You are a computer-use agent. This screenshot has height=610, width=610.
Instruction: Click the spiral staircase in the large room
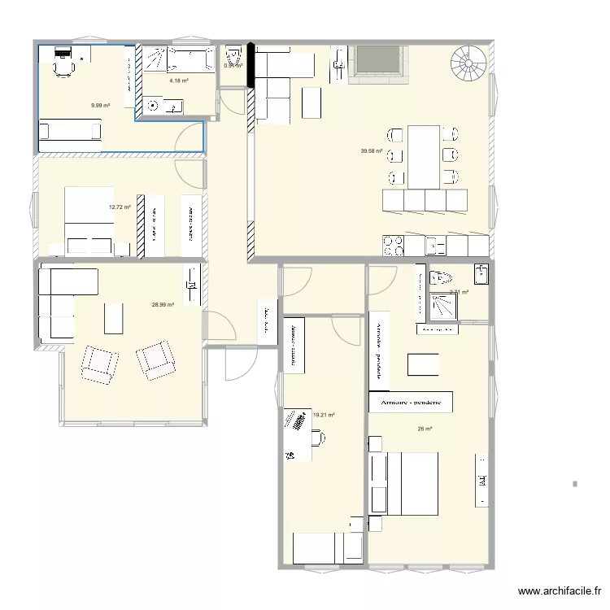click(x=470, y=63)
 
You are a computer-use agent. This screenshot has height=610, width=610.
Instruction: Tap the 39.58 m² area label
click(x=372, y=150)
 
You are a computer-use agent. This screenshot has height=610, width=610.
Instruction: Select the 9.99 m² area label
click(x=101, y=105)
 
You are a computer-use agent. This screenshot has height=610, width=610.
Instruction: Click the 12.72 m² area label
click(x=120, y=207)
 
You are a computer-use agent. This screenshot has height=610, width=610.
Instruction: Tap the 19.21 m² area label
click(x=324, y=415)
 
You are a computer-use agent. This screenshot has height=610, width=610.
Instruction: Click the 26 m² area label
click(x=425, y=429)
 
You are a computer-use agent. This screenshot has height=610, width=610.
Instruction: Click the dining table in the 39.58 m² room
click(x=425, y=156)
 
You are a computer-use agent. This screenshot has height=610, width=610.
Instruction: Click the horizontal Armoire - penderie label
click(x=411, y=402)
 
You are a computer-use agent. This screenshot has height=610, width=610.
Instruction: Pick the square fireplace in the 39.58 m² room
click(x=377, y=63)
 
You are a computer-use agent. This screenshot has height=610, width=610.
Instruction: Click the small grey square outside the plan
click(x=575, y=484)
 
